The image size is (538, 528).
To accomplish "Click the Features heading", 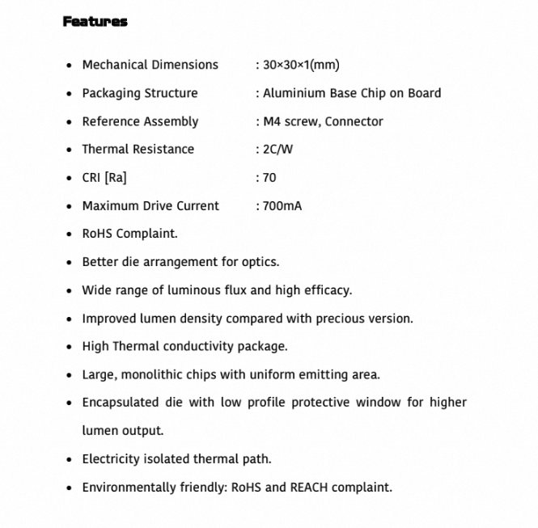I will (x=95, y=22).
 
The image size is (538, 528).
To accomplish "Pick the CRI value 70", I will (x=269, y=178).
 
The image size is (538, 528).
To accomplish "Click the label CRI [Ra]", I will (x=104, y=178).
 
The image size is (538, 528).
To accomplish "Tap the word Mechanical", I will (x=114, y=65).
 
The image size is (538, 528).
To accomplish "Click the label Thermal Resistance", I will (x=138, y=150).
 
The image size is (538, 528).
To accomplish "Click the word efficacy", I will (x=326, y=290).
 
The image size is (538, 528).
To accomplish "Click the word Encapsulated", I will (x=123, y=403).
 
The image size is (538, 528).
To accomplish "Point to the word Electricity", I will (x=110, y=459).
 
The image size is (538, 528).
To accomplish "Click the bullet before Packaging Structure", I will (x=70, y=94).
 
